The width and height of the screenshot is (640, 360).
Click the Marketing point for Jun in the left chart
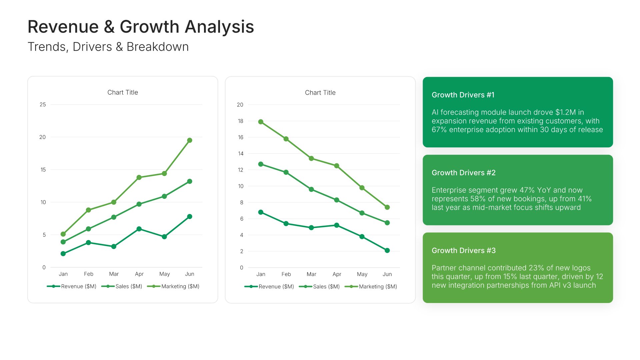(190, 140)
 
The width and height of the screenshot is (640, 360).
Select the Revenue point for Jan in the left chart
(63, 254)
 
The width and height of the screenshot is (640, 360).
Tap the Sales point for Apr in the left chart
(139, 204)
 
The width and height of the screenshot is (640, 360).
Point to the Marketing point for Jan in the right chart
(261, 122)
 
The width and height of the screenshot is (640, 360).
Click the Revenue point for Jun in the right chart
(387, 250)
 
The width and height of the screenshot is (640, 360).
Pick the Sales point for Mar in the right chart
(311, 189)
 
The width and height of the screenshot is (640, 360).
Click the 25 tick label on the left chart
(43, 105)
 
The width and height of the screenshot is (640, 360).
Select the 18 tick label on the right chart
(240, 121)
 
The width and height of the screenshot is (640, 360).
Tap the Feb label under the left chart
(89, 274)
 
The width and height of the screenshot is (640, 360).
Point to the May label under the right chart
(362, 274)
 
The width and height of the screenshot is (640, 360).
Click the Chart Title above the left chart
(123, 93)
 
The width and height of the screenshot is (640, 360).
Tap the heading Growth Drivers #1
(463, 95)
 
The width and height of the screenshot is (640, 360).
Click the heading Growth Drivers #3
(464, 251)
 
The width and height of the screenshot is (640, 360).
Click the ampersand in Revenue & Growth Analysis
(109, 27)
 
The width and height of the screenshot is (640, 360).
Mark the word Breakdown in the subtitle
(158, 47)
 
